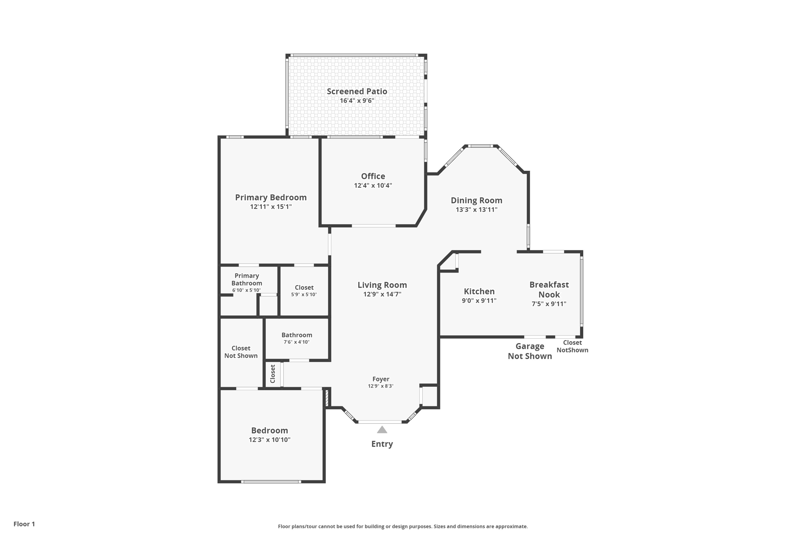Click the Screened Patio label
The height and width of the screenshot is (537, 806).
[x=357, y=91]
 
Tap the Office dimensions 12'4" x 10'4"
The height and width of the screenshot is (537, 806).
[x=373, y=186]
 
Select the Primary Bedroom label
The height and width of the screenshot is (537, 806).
[x=271, y=197]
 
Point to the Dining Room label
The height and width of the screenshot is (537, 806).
[x=477, y=201]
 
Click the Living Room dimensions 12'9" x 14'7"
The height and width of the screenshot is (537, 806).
[x=382, y=294]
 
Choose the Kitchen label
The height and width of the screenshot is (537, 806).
[x=479, y=292]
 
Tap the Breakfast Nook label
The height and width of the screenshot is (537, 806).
[x=549, y=290]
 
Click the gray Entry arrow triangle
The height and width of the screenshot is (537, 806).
[x=382, y=430]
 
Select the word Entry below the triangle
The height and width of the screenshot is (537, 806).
[x=382, y=444]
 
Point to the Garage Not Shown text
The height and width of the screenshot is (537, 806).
[x=530, y=351]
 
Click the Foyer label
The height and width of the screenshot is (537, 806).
[x=381, y=379]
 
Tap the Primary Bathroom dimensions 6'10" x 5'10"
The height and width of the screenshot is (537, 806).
[x=246, y=290]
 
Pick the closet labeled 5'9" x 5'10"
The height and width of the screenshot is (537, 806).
[x=304, y=291]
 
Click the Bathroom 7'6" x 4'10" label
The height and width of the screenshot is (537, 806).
[x=297, y=338]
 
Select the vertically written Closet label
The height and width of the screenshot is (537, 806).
[x=273, y=374]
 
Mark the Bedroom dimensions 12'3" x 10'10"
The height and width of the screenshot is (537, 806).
[x=270, y=440]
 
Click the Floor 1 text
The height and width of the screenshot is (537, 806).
[x=24, y=524]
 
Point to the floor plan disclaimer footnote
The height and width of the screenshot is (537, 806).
[x=403, y=526]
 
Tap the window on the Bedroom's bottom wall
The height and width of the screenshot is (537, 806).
[x=271, y=482]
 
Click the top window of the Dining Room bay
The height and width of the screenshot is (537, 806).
[x=481, y=146]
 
